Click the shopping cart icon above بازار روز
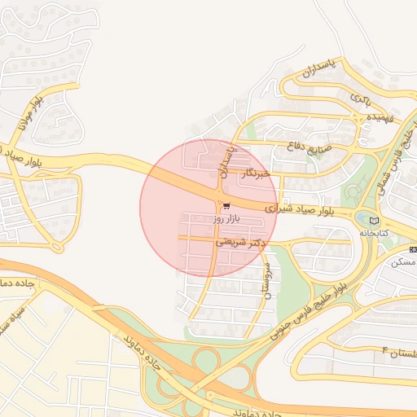click(x=226, y=205)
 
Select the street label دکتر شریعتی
click(x=242, y=242)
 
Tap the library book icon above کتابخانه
click(x=374, y=220)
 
